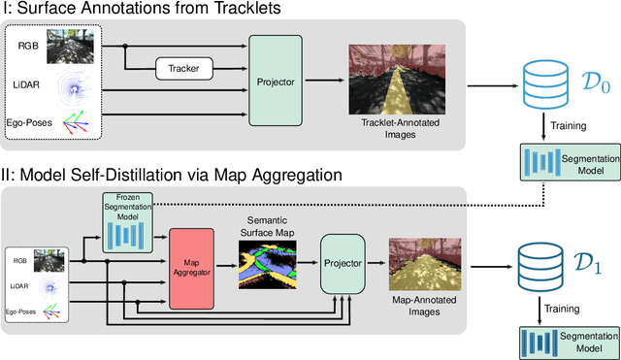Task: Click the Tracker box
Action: point(183,67)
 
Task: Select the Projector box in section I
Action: point(276,82)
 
